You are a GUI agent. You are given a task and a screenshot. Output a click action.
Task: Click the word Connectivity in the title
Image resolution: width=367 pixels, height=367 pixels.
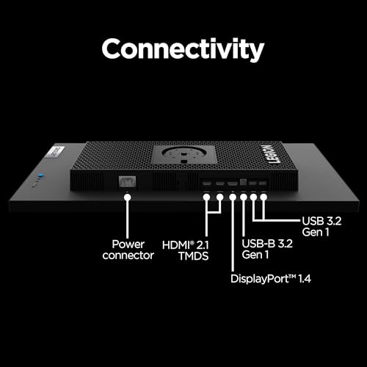[183, 49]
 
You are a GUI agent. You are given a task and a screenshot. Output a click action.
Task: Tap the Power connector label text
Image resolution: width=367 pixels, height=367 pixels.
[128, 250]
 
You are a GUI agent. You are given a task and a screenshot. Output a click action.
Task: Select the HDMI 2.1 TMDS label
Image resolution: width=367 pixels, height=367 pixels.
[186, 250]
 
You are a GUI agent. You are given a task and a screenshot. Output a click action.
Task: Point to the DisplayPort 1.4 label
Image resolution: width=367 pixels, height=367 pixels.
[271, 279]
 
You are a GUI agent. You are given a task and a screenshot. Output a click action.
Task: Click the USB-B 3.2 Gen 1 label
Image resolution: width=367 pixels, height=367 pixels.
[267, 249]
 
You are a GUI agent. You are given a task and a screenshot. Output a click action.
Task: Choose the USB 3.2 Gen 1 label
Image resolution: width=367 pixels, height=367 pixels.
[321, 227]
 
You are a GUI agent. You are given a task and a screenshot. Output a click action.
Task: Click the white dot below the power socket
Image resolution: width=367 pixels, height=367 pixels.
[127, 197]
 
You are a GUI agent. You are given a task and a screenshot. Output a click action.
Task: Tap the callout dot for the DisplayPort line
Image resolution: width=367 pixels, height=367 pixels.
[233, 197]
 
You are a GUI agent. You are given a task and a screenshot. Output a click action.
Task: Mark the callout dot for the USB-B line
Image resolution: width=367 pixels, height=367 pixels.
[244, 197]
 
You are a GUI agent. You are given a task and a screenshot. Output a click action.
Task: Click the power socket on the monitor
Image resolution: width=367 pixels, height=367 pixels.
[127, 182]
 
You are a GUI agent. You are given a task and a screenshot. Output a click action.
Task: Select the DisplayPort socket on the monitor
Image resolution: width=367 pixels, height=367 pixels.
[232, 183]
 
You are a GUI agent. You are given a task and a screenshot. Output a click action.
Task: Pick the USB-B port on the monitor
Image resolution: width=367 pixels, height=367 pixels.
[243, 182]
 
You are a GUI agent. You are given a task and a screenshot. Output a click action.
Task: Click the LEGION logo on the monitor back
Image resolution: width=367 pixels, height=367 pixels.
[272, 154]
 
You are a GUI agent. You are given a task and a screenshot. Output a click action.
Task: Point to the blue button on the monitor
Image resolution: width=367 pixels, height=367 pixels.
[41, 175]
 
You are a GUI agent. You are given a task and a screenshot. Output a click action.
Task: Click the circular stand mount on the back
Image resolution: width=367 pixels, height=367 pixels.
[183, 153]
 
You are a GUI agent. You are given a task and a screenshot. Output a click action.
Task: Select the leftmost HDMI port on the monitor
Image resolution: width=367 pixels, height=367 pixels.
[207, 183]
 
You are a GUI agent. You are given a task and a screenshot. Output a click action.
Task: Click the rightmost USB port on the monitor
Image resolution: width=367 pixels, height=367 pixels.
[263, 183]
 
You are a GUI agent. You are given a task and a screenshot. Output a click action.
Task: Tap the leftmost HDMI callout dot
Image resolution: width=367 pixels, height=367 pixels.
[207, 197]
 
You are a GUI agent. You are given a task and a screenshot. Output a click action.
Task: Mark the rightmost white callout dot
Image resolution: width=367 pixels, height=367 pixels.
[264, 197]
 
